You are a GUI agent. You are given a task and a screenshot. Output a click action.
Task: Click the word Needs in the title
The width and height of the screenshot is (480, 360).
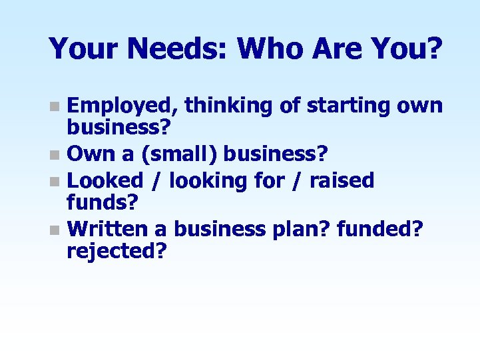[x=178, y=48]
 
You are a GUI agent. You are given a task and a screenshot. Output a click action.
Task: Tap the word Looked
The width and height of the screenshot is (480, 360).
[x=105, y=180]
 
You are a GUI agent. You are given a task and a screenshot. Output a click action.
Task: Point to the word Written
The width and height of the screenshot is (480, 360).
[x=108, y=229]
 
